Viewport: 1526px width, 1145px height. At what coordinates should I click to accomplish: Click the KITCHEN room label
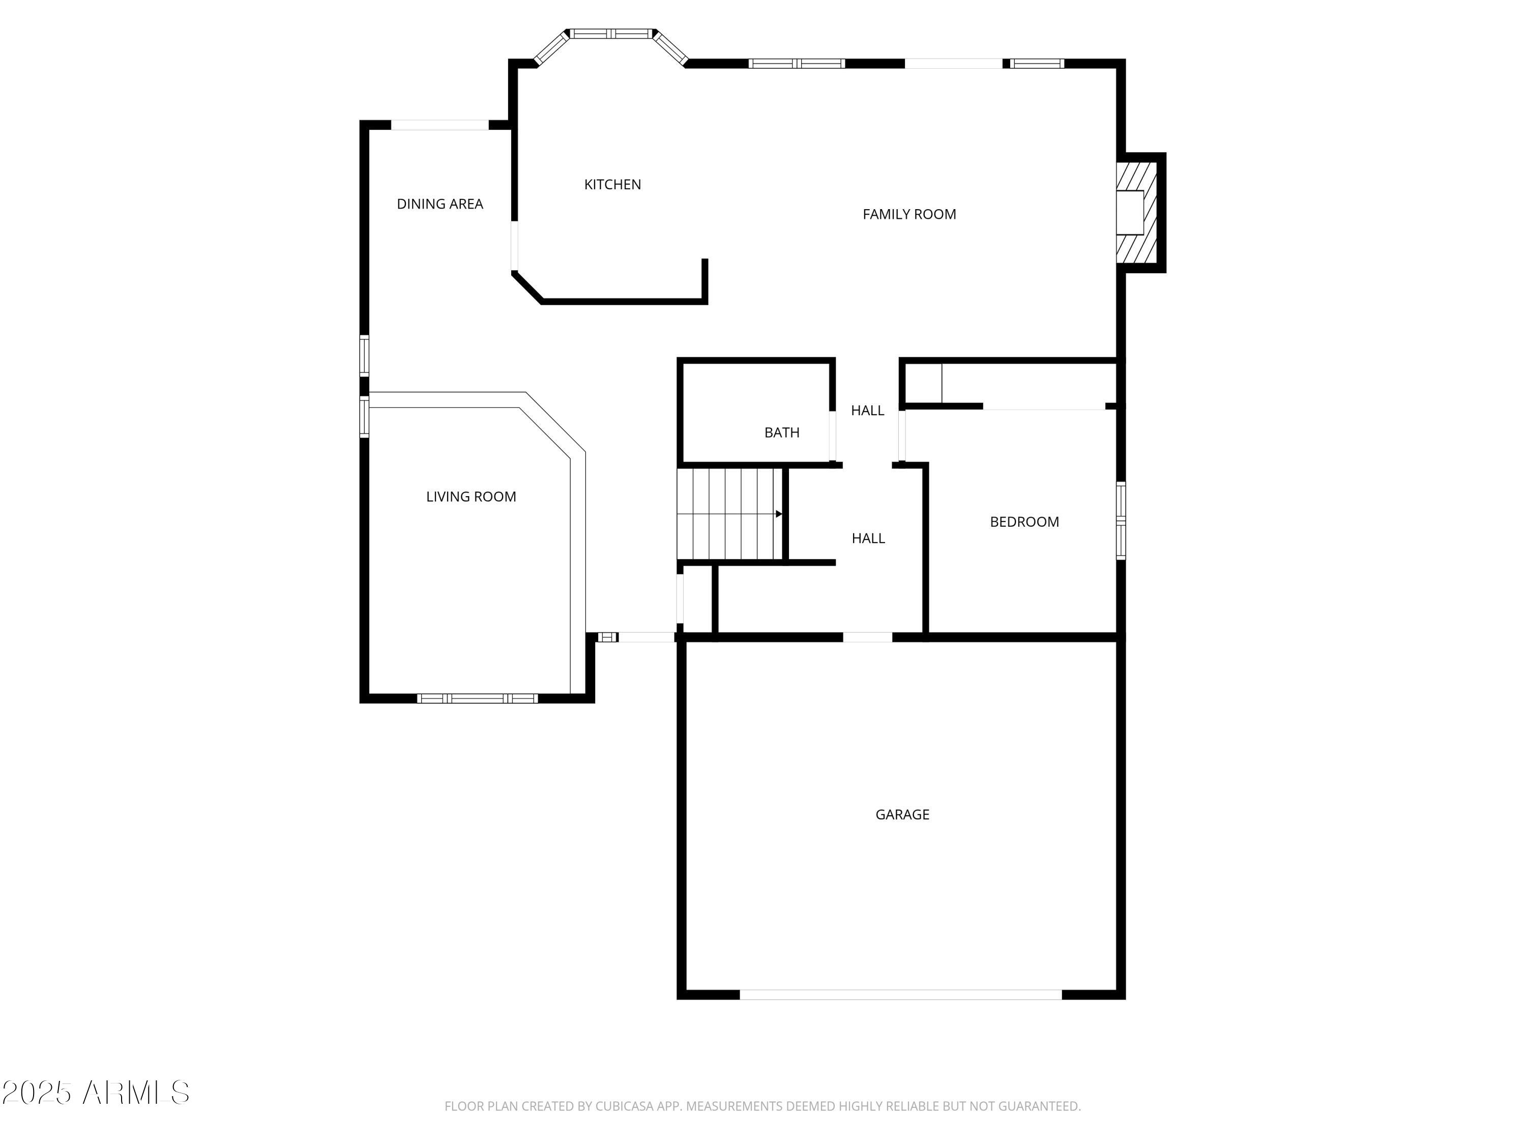pos(612,184)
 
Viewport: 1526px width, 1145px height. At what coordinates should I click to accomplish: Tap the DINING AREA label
pos(439,204)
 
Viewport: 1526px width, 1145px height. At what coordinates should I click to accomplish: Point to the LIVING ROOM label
pos(471,496)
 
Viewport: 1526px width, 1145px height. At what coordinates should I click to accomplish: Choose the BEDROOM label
pos(1024,522)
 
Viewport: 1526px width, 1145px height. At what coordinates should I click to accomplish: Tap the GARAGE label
pos(902,814)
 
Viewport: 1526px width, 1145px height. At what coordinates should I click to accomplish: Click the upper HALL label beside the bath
pos(867,411)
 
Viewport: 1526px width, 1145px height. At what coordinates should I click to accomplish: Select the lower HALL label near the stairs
pos(868,538)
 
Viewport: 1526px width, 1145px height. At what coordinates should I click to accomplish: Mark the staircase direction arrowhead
pos(778,513)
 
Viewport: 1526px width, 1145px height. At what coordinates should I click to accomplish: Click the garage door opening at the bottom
pos(900,994)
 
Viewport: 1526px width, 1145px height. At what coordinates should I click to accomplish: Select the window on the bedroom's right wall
pos(1121,521)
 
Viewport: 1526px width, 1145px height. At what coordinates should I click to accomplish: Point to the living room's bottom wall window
pos(478,699)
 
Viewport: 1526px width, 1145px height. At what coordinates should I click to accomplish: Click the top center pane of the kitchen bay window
pos(610,33)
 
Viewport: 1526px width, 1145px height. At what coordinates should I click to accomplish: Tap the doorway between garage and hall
pos(867,637)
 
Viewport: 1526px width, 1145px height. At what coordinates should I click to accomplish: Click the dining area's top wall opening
pos(439,125)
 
